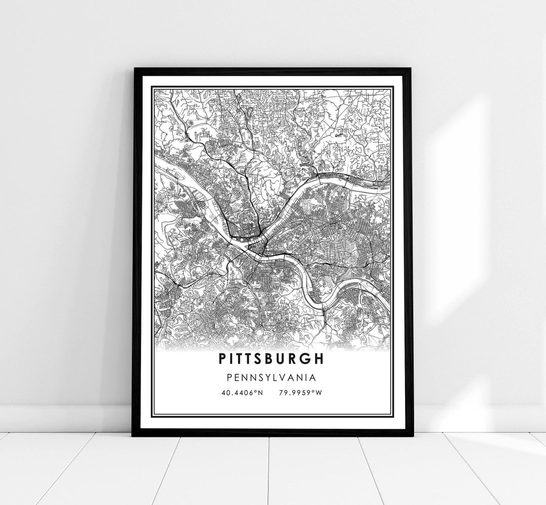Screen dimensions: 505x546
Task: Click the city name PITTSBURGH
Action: pyautogui.click(x=272, y=359)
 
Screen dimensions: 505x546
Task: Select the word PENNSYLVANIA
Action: pyautogui.click(x=272, y=377)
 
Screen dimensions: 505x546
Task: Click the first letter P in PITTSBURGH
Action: pyautogui.click(x=223, y=359)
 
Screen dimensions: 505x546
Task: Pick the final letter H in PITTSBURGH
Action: pyautogui.click(x=321, y=359)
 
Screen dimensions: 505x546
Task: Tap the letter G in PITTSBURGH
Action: pyautogui.click(x=307, y=359)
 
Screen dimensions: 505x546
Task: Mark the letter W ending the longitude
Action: pyautogui.click(x=318, y=392)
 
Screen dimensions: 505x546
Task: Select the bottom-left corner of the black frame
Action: pyautogui.click(x=133, y=434)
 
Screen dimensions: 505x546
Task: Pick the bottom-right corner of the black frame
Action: pyautogui.click(x=412, y=434)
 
